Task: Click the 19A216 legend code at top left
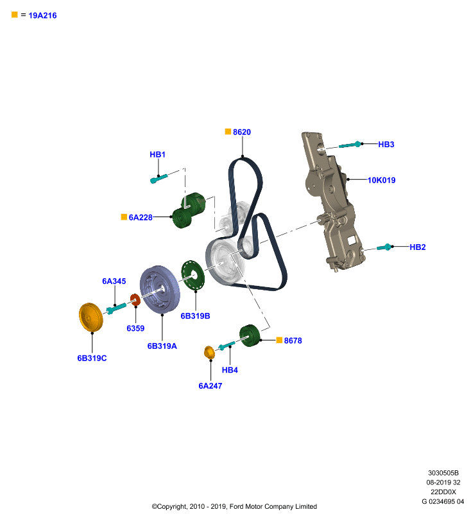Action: pyautogui.click(x=42, y=15)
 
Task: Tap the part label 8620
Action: pyautogui.click(x=242, y=132)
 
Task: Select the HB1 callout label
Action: pyautogui.click(x=157, y=154)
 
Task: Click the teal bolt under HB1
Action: pyautogui.click(x=158, y=179)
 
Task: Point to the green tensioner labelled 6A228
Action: pyautogui.click(x=189, y=210)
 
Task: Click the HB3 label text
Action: pyautogui.click(x=386, y=144)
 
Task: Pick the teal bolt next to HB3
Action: pyautogui.click(x=350, y=145)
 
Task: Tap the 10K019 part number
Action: pyautogui.click(x=381, y=180)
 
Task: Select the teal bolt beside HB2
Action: pyautogui.click(x=384, y=247)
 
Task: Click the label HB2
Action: pyautogui.click(x=418, y=247)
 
